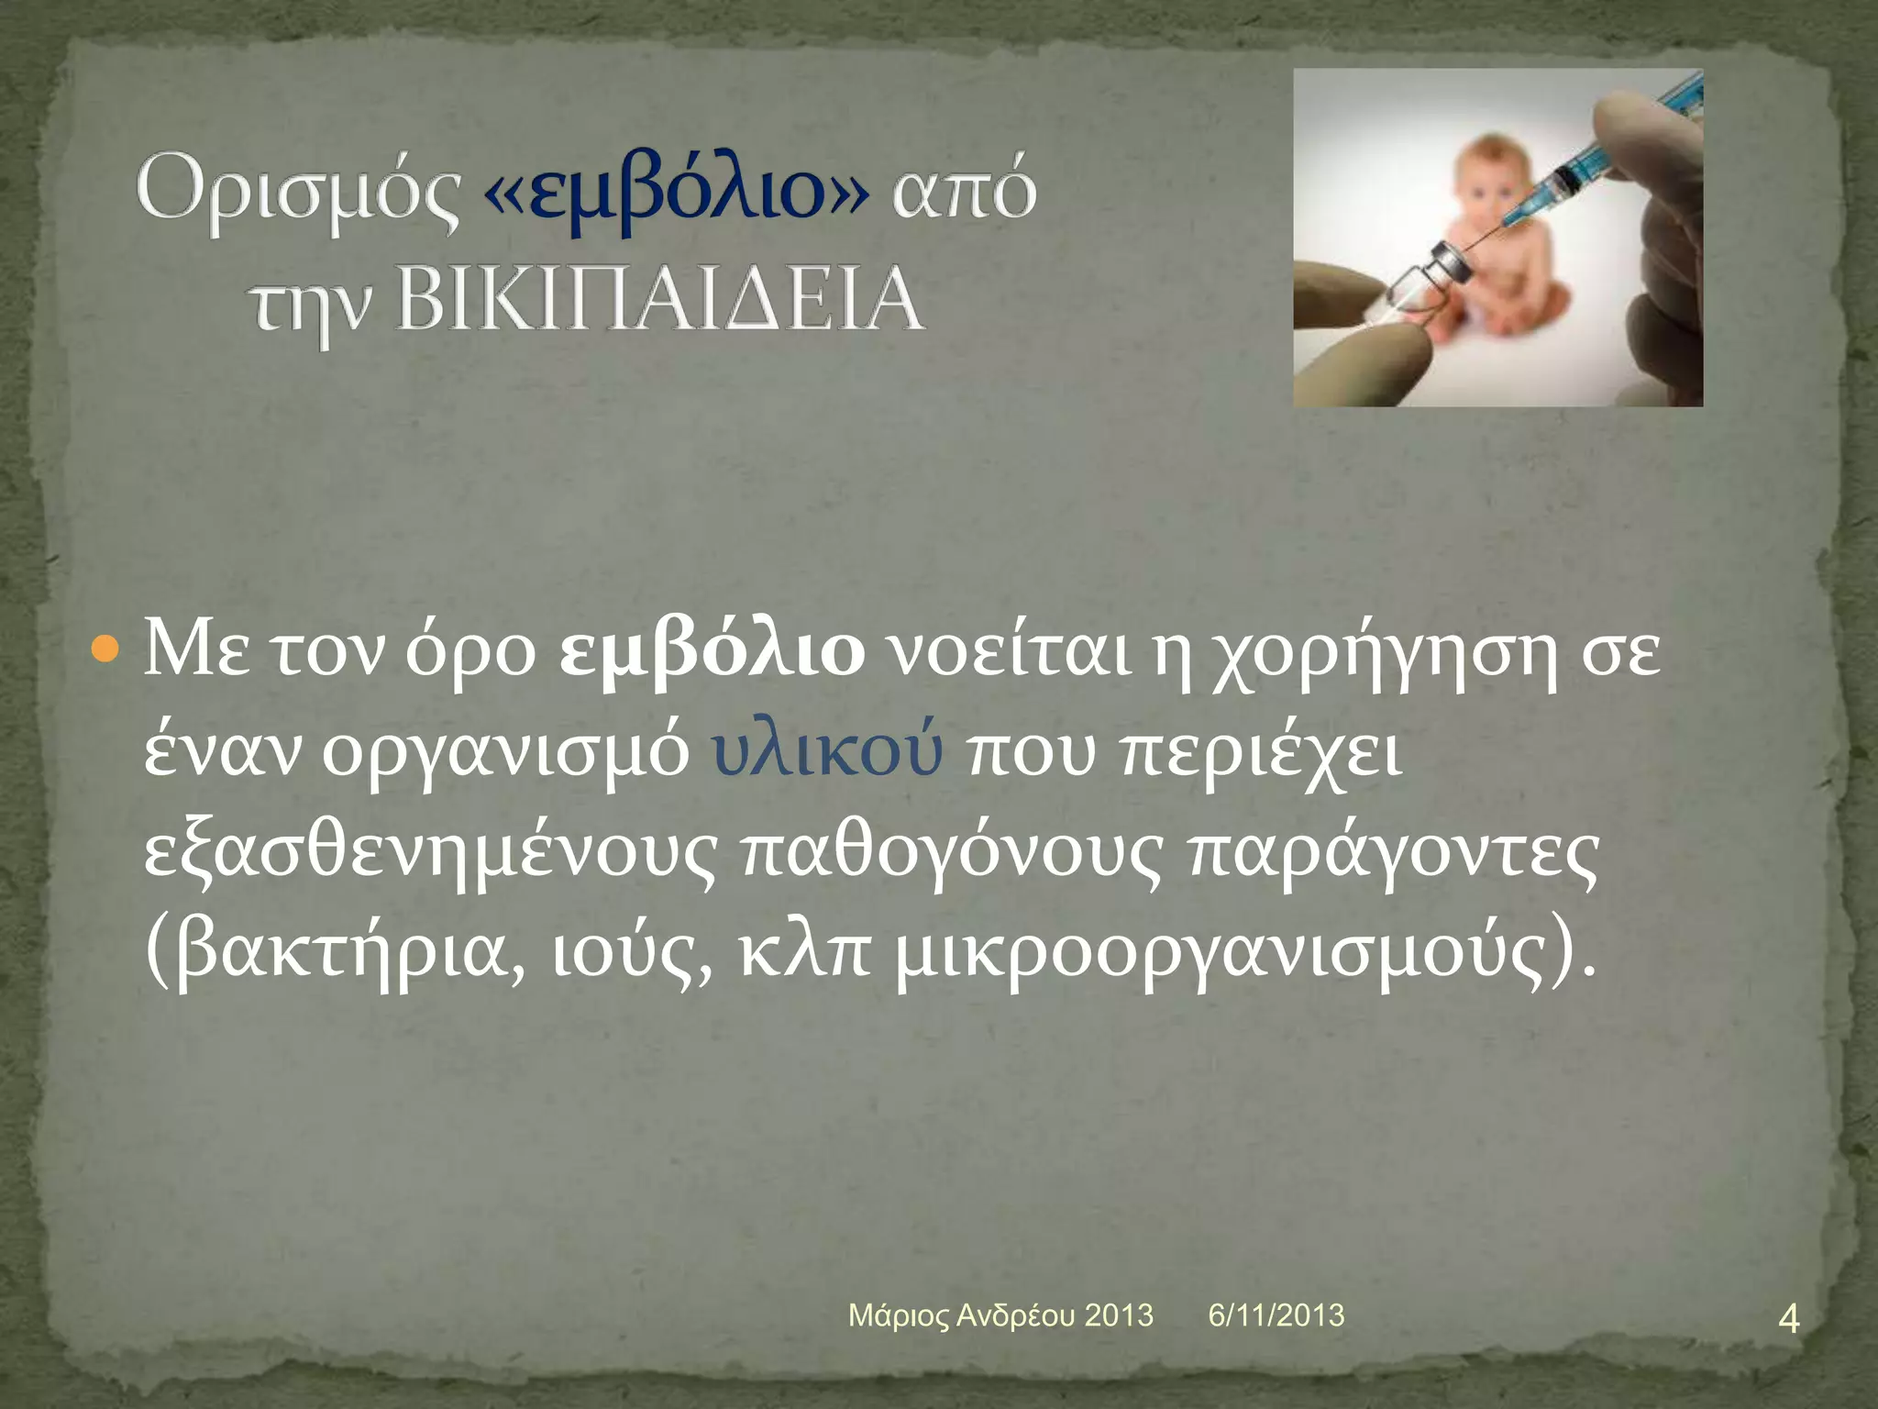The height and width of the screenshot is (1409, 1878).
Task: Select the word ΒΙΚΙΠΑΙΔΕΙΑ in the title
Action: [x=660, y=300]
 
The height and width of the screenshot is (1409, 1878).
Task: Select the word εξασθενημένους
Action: [x=431, y=853]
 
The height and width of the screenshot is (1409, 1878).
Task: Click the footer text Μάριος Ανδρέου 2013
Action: [x=1000, y=1315]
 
